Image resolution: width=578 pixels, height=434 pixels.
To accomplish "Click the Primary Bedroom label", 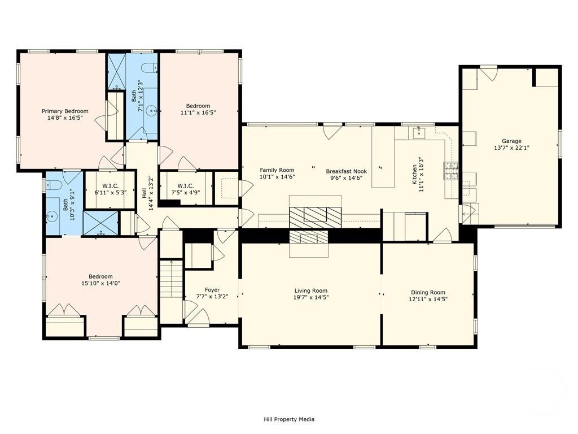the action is tap(65, 111).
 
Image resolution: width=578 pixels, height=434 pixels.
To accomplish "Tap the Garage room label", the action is tap(511, 141).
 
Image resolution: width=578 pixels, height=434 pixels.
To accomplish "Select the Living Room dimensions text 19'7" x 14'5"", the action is tap(311, 297).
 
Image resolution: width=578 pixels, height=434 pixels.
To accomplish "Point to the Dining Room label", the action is tap(428, 292).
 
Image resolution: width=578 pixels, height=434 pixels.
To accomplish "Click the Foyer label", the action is tap(212, 290).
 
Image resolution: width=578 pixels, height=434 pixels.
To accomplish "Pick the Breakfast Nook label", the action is tap(347, 171).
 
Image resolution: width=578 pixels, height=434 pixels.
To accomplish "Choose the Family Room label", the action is tap(277, 170).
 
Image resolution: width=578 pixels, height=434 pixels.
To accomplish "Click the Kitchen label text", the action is tap(414, 175).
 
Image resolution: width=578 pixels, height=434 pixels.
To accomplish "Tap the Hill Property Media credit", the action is tap(289, 419).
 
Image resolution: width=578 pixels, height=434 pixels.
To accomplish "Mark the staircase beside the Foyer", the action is tap(172, 279).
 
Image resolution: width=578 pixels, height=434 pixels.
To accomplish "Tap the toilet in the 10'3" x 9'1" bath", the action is tap(52, 184).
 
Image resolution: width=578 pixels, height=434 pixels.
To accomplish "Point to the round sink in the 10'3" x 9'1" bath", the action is tap(52, 215).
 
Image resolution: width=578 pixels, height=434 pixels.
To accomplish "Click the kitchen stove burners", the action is tap(451, 171).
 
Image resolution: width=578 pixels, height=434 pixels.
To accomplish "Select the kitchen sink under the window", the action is tap(419, 132).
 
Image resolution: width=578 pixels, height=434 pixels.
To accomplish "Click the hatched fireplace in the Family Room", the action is tap(315, 218).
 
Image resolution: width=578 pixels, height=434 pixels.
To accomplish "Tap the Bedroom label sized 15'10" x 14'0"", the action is tap(100, 277).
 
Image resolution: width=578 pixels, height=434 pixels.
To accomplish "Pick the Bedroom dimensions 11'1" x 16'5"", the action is tap(198, 112).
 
